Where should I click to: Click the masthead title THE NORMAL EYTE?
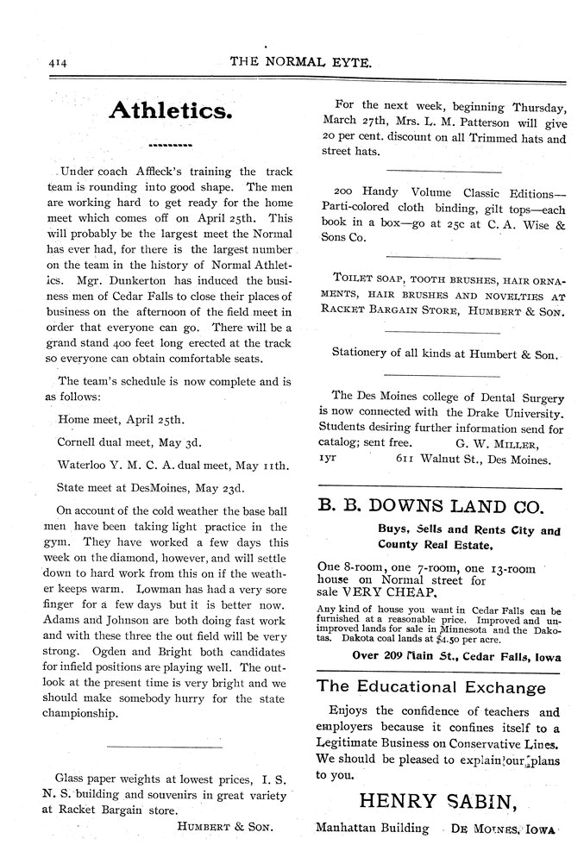tap(301, 63)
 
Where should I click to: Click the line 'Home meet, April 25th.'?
tap(121, 421)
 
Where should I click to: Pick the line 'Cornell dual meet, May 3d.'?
tap(129, 442)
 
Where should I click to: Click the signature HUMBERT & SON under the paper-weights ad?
tap(224, 826)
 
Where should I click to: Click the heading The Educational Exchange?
tap(431, 687)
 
